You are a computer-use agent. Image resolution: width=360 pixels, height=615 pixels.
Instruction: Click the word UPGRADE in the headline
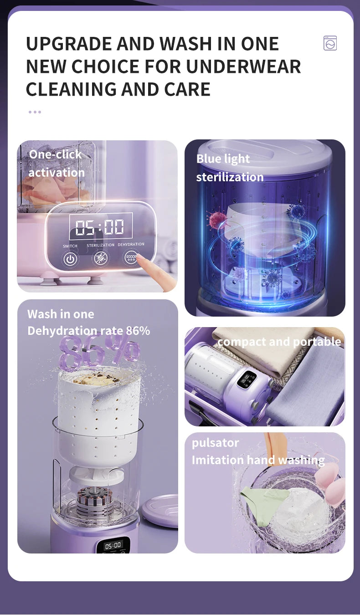68,44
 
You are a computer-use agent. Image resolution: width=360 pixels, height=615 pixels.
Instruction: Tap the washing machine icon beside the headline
330,43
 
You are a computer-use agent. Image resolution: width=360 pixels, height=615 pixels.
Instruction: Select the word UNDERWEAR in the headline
244,67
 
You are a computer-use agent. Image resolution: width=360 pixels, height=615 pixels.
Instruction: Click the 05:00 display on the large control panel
100,227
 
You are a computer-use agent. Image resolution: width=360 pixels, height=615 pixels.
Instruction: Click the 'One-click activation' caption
56,163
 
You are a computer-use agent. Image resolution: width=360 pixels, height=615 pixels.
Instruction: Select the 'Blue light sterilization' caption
230,168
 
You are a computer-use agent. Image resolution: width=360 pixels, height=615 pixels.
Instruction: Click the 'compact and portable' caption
279,342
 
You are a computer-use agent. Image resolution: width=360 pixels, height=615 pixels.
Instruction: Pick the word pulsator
215,443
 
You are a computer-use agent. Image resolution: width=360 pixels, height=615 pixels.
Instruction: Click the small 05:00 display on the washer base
113,545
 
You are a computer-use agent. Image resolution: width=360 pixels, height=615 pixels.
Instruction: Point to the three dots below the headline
35,112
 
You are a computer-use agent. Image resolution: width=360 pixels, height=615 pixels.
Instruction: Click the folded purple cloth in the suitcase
310,387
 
